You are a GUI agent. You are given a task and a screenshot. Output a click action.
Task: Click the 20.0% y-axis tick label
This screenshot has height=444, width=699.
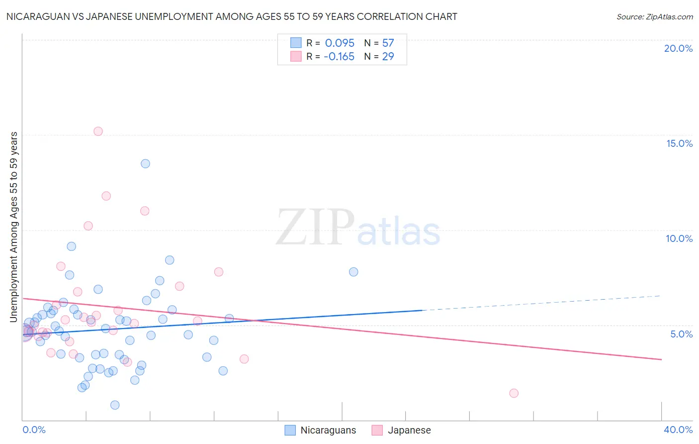pyautogui.click(x=678, y=48)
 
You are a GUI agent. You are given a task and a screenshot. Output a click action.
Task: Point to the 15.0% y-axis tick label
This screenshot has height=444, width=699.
pyautogui.click(x=679, y=143)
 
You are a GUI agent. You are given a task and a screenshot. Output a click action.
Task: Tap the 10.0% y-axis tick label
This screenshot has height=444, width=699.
pyautogui.click(x=679, y=238)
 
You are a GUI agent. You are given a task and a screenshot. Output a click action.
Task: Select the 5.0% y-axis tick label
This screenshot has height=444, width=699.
pyautogui.click(x=681, y=334)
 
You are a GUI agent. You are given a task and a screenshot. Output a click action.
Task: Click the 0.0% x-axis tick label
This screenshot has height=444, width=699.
pyautogui.click(x=34, y=430)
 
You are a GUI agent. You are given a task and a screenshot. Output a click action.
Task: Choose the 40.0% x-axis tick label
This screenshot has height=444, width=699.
pyautogui.click(x=678, y=430)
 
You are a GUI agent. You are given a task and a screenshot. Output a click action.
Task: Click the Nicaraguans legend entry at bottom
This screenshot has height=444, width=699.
pyautogui.click(x=321, y=430)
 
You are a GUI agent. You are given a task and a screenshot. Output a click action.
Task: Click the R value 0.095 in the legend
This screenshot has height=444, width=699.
pyautogui.click(x=340, y=43)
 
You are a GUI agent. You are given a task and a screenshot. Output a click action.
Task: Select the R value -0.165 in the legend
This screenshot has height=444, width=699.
pyautogui.click(x=339, y=57)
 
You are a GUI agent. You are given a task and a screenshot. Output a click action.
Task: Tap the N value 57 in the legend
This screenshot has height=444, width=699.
pyautogui.click(x=388, y=43)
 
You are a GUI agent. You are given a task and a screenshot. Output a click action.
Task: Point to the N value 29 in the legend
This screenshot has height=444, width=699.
pyautogui.click(x=388, y=57)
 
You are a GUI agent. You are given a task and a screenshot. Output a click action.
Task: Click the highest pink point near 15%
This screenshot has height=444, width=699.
pyautogui.click(x=98, y=131)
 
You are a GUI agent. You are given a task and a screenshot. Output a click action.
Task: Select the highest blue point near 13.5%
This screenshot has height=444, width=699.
pyautogui.click(x=145, y=164)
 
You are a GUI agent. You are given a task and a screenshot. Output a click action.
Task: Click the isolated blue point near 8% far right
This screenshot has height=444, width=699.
pyautogui.click(x=353, y=272)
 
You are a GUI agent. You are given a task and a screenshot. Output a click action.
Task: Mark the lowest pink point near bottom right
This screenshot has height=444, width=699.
pyautogui.click(x=514, y=393)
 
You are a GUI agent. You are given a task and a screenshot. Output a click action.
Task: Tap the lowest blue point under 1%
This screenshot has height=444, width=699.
pyautogui.click(x=115, y=405)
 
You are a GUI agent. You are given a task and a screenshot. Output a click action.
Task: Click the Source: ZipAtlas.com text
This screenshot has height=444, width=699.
pyautogui.click(x=654, y=17)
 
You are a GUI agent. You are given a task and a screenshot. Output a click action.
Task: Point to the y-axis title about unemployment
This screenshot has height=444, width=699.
pyautogui.click(x=14, y=227)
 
